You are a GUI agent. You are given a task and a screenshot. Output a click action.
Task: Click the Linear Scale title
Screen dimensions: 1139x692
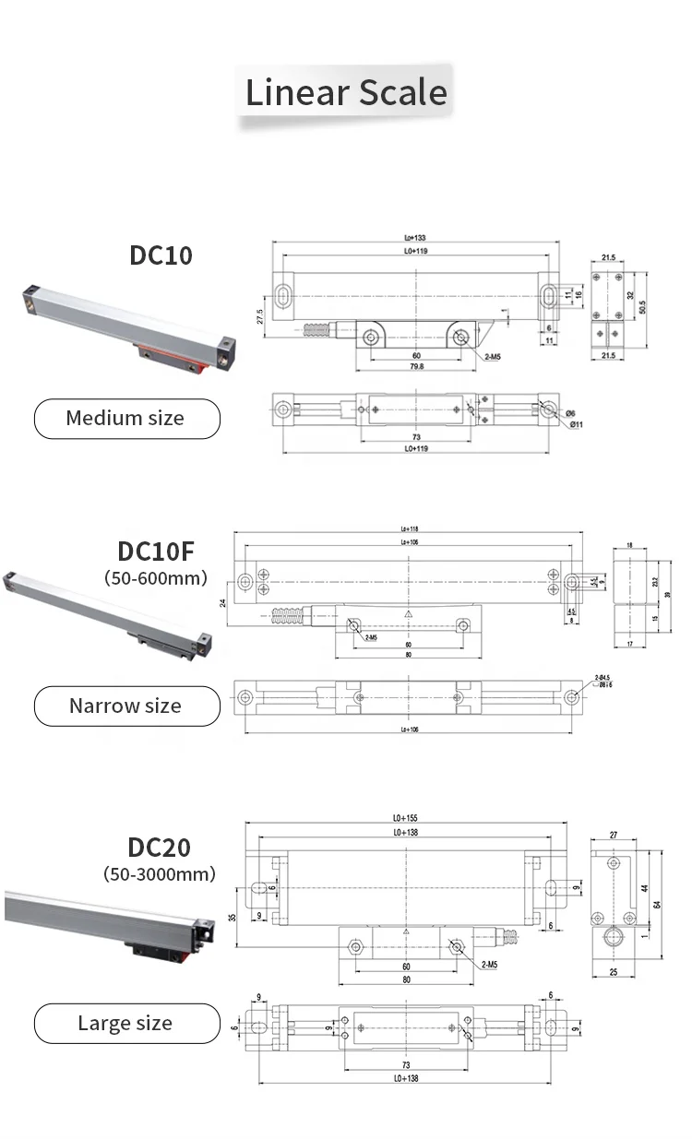click(346, 93)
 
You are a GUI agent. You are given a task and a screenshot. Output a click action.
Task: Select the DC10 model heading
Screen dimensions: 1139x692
click(161, 255)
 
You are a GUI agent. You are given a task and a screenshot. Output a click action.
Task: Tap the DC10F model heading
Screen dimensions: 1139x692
click(156, 551)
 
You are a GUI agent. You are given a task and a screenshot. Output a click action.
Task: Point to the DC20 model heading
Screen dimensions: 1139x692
click(159, 847)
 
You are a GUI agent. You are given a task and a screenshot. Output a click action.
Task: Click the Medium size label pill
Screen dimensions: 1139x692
click(126, 419)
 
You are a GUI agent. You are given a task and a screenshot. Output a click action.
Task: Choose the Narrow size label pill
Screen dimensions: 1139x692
click(126, 706)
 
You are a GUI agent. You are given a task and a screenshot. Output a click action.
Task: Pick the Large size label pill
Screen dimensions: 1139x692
click(126, 1023)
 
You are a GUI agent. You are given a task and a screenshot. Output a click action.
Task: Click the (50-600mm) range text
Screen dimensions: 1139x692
click(156, 578)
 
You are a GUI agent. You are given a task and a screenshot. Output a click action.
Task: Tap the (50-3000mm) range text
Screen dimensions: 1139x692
click(159, 873)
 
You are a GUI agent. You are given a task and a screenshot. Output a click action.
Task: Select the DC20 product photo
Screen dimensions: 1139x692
click(111, 922)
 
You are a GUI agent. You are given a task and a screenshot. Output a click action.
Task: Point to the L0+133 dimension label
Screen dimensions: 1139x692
click(414, 238)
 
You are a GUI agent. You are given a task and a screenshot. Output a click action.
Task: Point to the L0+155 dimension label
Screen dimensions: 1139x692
click(406, 818)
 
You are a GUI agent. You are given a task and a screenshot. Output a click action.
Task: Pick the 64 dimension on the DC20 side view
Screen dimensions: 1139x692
click(657, 904)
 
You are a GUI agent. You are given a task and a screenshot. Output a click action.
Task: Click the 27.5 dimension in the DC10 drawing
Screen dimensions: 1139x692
click(260, 316)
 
